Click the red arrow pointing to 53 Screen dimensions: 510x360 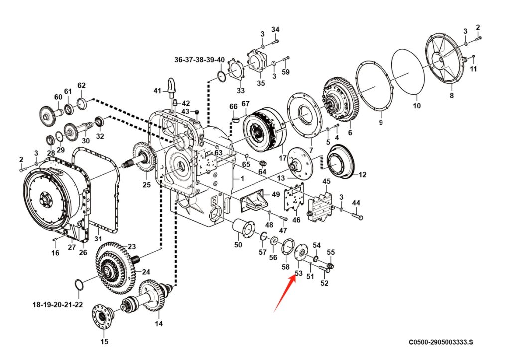pyautogui.click(x=285, y=293)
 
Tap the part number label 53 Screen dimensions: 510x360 pyautogui.click(x=298, y=273)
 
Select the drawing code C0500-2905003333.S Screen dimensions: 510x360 pyautogui.click(x=441, y=342)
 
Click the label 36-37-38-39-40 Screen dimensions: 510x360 pyautogui.click(x=199, y=60)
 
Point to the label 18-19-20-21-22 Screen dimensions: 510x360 pyautogui.click(x=58, y=305)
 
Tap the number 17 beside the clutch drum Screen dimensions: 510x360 pyautogui.click(x=283, y=158)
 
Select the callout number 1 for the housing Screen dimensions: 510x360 pyautogui.click(x=242, y=179)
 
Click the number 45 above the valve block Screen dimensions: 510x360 pyautogui.click(x=326, y=181)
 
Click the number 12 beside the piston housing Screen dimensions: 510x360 pyautogui.click(x=362, y=175)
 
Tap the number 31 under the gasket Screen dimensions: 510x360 pyautogui.click(x=98, y=239)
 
